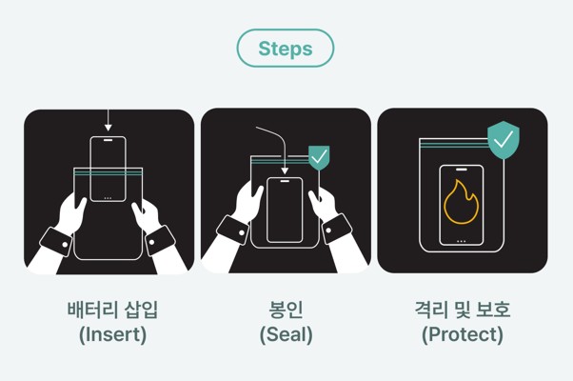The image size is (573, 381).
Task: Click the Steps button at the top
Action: pos(286,49)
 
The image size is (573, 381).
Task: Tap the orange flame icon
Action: pos(462,202)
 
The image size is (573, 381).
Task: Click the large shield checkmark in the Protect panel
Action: pos(504,140)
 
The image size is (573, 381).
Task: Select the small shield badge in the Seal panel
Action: pos(320,157)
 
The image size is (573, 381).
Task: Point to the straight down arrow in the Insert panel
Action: pos(108,120)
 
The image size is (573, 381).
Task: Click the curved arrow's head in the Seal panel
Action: pos(285,170)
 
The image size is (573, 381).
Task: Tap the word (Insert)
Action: pos(112,334)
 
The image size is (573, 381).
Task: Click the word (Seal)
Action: pos(286,334)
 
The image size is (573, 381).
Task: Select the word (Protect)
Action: pos(463,334)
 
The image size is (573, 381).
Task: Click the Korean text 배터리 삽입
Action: pos(112,310)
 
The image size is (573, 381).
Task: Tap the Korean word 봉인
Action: pos(286,310)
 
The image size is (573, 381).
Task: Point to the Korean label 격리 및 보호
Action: pos(463,310)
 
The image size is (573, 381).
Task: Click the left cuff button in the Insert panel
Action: pos(65,244)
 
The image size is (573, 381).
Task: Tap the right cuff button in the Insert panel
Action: pos(151,242)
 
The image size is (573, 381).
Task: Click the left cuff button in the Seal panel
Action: pos(242,232)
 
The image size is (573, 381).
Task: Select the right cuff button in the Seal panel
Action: pos(328,231)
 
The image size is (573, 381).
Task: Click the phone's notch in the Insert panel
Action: pos(108,140)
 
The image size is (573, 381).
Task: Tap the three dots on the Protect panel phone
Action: pos(462,241)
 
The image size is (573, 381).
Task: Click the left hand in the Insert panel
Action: pos(71,214)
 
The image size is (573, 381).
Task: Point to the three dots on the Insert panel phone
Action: pos(108,198)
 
